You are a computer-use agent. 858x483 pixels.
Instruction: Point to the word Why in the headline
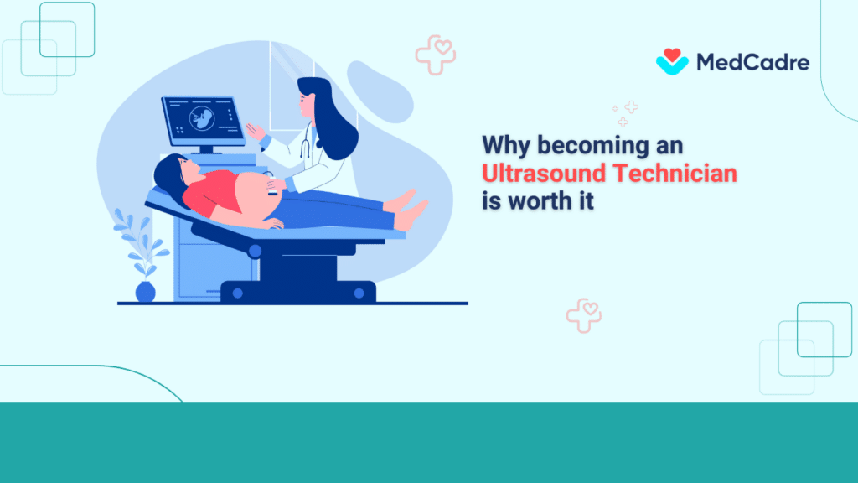[x=506, y=145]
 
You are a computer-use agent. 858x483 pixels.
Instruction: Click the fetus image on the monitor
[x=201, y=117]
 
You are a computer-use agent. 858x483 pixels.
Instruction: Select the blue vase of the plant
[x=145, y=292]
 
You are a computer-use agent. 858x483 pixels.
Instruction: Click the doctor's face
[x=307, y=102]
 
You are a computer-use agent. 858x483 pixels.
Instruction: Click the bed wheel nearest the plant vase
[x=238, y=293]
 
